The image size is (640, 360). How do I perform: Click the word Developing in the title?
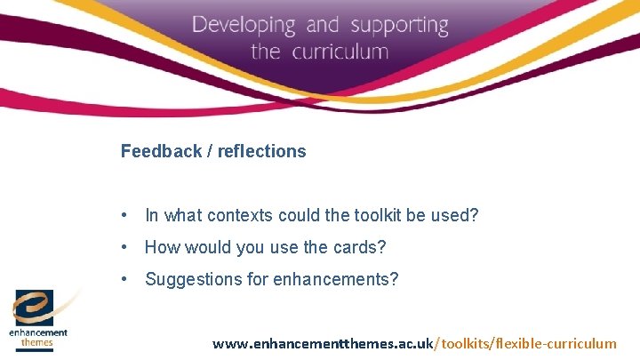[243, 25]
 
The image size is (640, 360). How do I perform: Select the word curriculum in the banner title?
[339, 52]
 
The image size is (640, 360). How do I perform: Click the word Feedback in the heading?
[161, 151]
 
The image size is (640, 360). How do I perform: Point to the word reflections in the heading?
[264, 151]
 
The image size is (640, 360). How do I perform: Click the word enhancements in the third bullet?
[333, 279]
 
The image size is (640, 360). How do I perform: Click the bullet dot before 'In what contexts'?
[129, 215]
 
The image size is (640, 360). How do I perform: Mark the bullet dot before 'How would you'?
[129, 247]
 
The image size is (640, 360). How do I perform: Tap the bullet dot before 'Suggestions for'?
[129, 279]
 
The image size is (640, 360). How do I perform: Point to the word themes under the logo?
[39, 341]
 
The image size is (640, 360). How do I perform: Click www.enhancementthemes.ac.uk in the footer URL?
[322, 343]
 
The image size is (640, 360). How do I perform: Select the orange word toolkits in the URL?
[465, 343]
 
